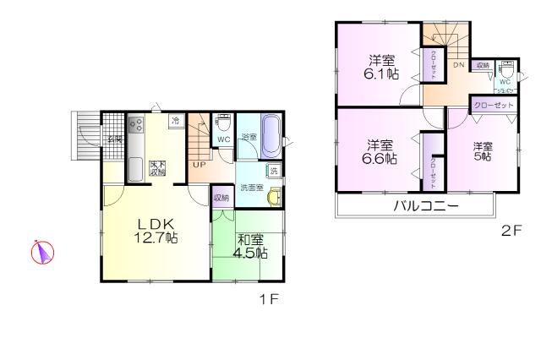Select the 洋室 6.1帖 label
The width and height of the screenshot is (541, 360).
(381, 67)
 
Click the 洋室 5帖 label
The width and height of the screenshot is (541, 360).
(483, 151)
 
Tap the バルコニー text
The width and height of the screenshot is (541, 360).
(424, 206)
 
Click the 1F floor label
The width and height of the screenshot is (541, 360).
(270, 298)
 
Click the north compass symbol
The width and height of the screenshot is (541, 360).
(43, 253)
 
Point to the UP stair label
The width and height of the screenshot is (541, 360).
(197, 164)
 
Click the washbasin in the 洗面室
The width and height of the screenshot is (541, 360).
(273, 197)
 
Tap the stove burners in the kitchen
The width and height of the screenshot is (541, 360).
(137, 130)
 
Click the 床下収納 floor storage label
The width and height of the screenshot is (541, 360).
(158, 166)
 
